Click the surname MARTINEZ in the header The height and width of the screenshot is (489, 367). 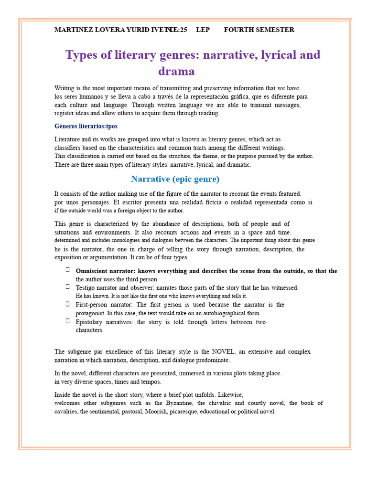pyautogui.click(x=72, y=30)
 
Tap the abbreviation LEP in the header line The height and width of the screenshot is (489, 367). pyautogui.click(x=203, y=30)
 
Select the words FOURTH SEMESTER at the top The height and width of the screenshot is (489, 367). pyautogui.click(x=259, y=30)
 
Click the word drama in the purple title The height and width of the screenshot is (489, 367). pyautogui.click(x=176, y=72)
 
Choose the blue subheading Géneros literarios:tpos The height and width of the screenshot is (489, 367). pyautogui.click(x=86, y=127)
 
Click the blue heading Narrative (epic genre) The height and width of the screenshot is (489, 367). pyautogui.click(x=175, y=180)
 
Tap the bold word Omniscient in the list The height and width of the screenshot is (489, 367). pyautogui.click(x=93, y=271)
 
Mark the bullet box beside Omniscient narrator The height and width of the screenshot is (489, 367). pyautogui.click(x=68, y=270)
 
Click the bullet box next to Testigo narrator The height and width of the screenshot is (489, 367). pyautogui.click(x=68, y=287)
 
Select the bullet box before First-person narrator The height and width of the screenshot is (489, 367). pyautogui.click(x=68, y=304)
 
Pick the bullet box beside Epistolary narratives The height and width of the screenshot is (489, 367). pyautogui.click(x=68, y=321)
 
